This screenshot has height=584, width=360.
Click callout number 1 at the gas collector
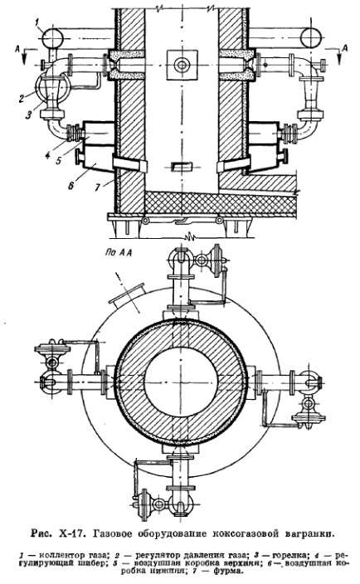point(37,23)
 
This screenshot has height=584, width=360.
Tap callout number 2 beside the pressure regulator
point(22,99)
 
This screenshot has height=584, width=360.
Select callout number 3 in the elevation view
point(28,115)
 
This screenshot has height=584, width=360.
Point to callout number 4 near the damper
point(48,155)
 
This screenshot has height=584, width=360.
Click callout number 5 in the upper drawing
point(58,162)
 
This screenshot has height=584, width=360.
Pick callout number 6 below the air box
point(71,185)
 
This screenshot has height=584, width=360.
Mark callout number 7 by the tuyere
point(98,187)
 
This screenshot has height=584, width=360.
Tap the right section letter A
point(345,47)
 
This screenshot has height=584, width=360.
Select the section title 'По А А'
point(119,253)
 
